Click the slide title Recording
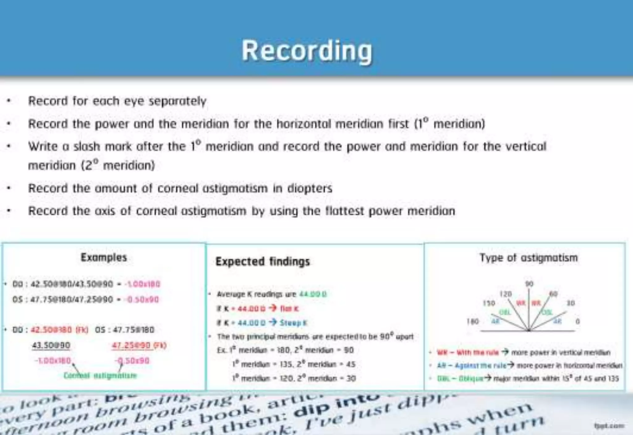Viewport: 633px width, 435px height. tap(307, 51)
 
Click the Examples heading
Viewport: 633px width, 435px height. tap(104, 257)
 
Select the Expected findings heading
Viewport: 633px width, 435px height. tap(262, 261)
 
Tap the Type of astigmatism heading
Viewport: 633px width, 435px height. tap(528, 258)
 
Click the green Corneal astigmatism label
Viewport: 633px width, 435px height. tap(100, 376)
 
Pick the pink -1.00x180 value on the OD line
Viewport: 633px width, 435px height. tap(142, 284)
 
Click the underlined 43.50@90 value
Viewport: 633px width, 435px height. tap(51, 345)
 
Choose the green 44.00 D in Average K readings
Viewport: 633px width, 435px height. tap(313, 294)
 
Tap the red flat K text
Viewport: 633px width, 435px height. tap(289, 309)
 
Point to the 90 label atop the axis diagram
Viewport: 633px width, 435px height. tap(529, 284)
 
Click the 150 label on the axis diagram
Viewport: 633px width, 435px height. tap(489, 303)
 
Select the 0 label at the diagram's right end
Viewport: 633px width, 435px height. tap(577, 322)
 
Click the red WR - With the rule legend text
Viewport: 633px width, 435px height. tap(468, 353)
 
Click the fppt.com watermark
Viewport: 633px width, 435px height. tap(609, 426)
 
